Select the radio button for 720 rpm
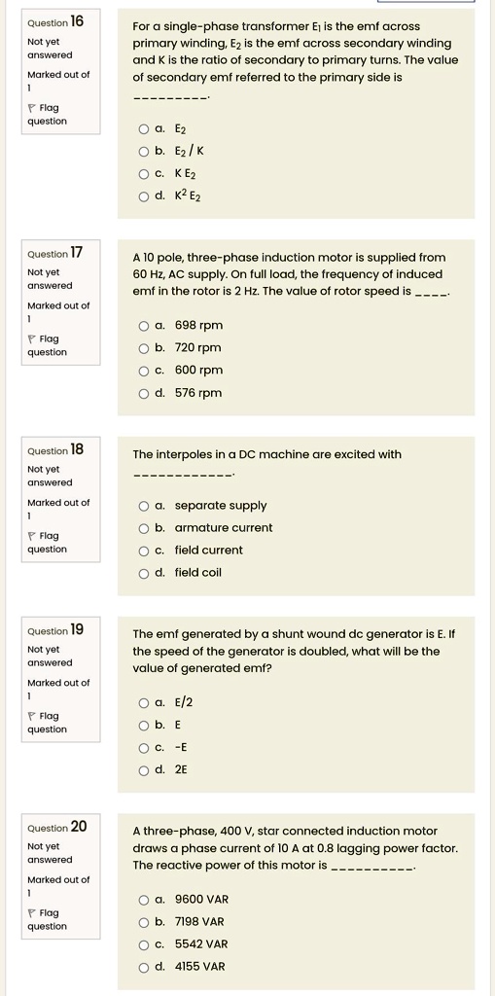(x=144, y=348)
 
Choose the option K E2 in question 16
(x=144, y=173)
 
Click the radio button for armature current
(x=144, y=528)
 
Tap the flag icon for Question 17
(x=33, y=339)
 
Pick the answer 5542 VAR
(x=144, y=944)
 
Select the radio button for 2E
(x=144, y=770)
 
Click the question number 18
(x=77, y=449)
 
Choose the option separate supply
(x=144, y=506)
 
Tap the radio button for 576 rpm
(x=144, y=393)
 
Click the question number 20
(x=78, y=827)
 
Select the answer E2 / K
(x=144, y=151)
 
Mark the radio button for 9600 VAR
(x=144, y=900)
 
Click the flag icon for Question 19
(x=33, y=717)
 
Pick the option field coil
(x=144, y=573)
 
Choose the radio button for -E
(x=144, y=748)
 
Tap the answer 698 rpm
(x=144, y=326)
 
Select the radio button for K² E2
(x=144, y=196)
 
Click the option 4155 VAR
(x=144, y=967)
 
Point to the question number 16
(x=78, y=20)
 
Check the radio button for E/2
(x=144, y=703)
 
